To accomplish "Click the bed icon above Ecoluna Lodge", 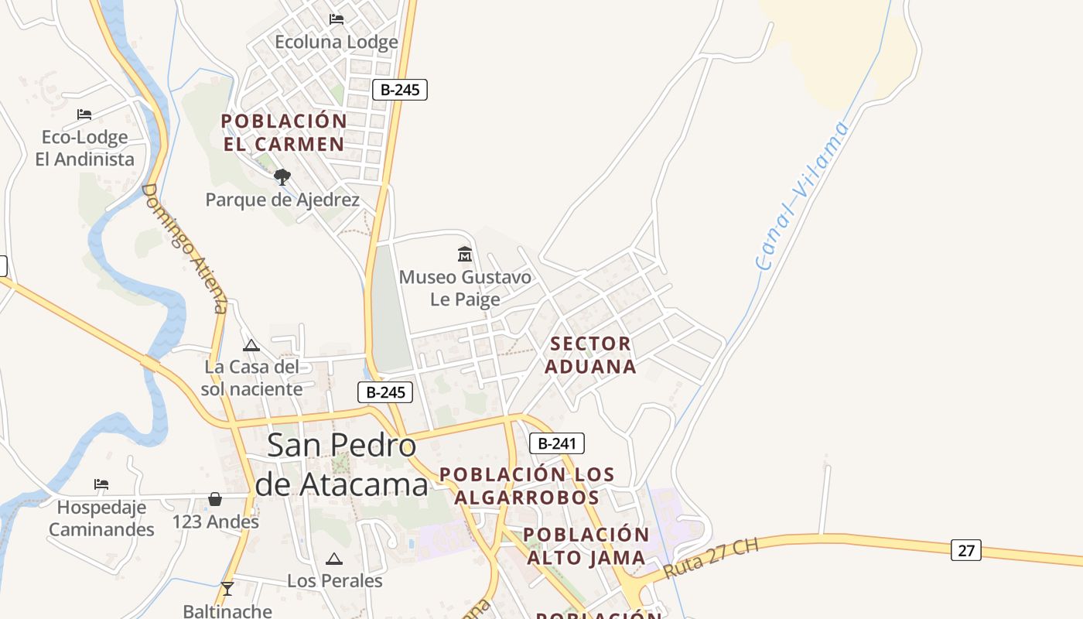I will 337,19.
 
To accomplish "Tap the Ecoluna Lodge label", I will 337,42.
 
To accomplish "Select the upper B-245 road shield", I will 400,90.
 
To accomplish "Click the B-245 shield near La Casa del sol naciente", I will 385,392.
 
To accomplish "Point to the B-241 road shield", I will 557,443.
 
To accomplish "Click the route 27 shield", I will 966,550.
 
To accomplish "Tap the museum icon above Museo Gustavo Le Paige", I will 465,254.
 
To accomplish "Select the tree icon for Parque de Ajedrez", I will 282,177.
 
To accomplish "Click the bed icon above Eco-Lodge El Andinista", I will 84,115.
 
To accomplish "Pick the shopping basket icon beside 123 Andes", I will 215,499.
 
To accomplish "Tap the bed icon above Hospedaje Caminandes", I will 101,484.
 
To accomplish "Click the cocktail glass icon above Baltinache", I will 227,589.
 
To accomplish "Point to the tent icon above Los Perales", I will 334,559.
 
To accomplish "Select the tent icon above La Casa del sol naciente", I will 251,345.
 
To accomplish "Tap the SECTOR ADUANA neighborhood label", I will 591,355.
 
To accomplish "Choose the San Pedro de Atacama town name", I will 341,464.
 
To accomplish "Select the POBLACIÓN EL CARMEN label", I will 284,132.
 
